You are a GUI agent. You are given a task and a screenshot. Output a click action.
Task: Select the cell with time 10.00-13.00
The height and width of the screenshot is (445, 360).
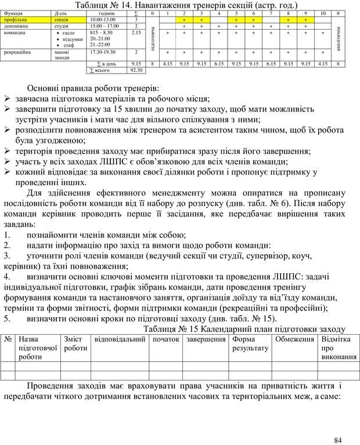coord(103,19)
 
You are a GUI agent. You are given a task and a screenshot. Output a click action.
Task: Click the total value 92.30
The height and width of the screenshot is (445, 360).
coord(137,70)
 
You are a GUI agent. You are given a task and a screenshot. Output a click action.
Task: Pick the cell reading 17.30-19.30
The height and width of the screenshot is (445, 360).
coord(103,52)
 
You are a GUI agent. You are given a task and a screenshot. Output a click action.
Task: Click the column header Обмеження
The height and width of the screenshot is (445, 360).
coord(294,339)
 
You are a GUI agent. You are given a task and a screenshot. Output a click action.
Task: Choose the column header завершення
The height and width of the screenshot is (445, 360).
coord(206,339)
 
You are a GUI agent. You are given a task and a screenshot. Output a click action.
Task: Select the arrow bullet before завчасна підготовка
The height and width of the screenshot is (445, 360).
coord(8,99)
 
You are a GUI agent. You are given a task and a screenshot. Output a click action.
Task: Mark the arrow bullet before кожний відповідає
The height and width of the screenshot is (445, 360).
coord(8,172)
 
